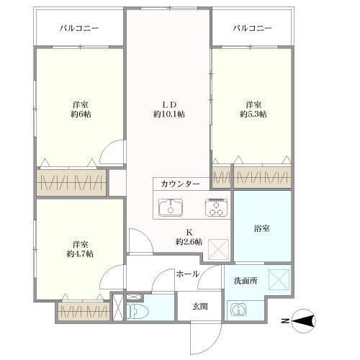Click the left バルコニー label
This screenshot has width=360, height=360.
78,29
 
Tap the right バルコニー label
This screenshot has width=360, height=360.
252,29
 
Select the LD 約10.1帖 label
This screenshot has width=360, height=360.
168,108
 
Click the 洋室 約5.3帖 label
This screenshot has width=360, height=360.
252,108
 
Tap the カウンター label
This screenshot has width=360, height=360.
181,184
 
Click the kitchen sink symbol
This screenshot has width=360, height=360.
171,208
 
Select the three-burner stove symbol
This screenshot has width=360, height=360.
215,208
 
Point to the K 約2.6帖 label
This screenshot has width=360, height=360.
189,237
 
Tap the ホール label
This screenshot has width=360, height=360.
186,274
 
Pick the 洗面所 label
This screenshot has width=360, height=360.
245,280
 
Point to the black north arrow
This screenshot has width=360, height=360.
305,321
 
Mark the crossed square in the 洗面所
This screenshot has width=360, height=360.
278,278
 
